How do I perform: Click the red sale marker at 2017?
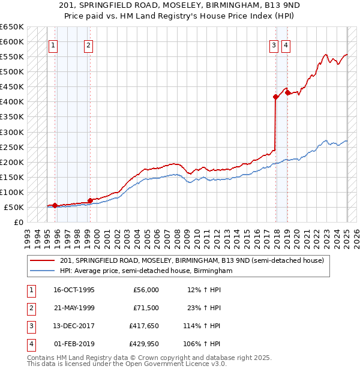pyautogui.click(x=275, y=97)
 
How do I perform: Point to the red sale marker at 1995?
pyautogui.click(x=55, y=205)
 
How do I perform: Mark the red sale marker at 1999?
pyautogui.click(x=90, y=200)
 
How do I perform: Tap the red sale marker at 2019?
pyautogui.click(x=287, y=92)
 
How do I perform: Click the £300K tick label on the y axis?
pyautogui.click(x=12, y=132)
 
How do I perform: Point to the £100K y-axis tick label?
pyautogui.click(x=12, y=192)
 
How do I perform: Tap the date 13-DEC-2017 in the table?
pyautogui.click(x=74, y=326)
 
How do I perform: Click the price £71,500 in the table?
pyautogui.click(x=145, y=308)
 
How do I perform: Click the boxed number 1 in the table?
pyautogui.click(x=29, y=290)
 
